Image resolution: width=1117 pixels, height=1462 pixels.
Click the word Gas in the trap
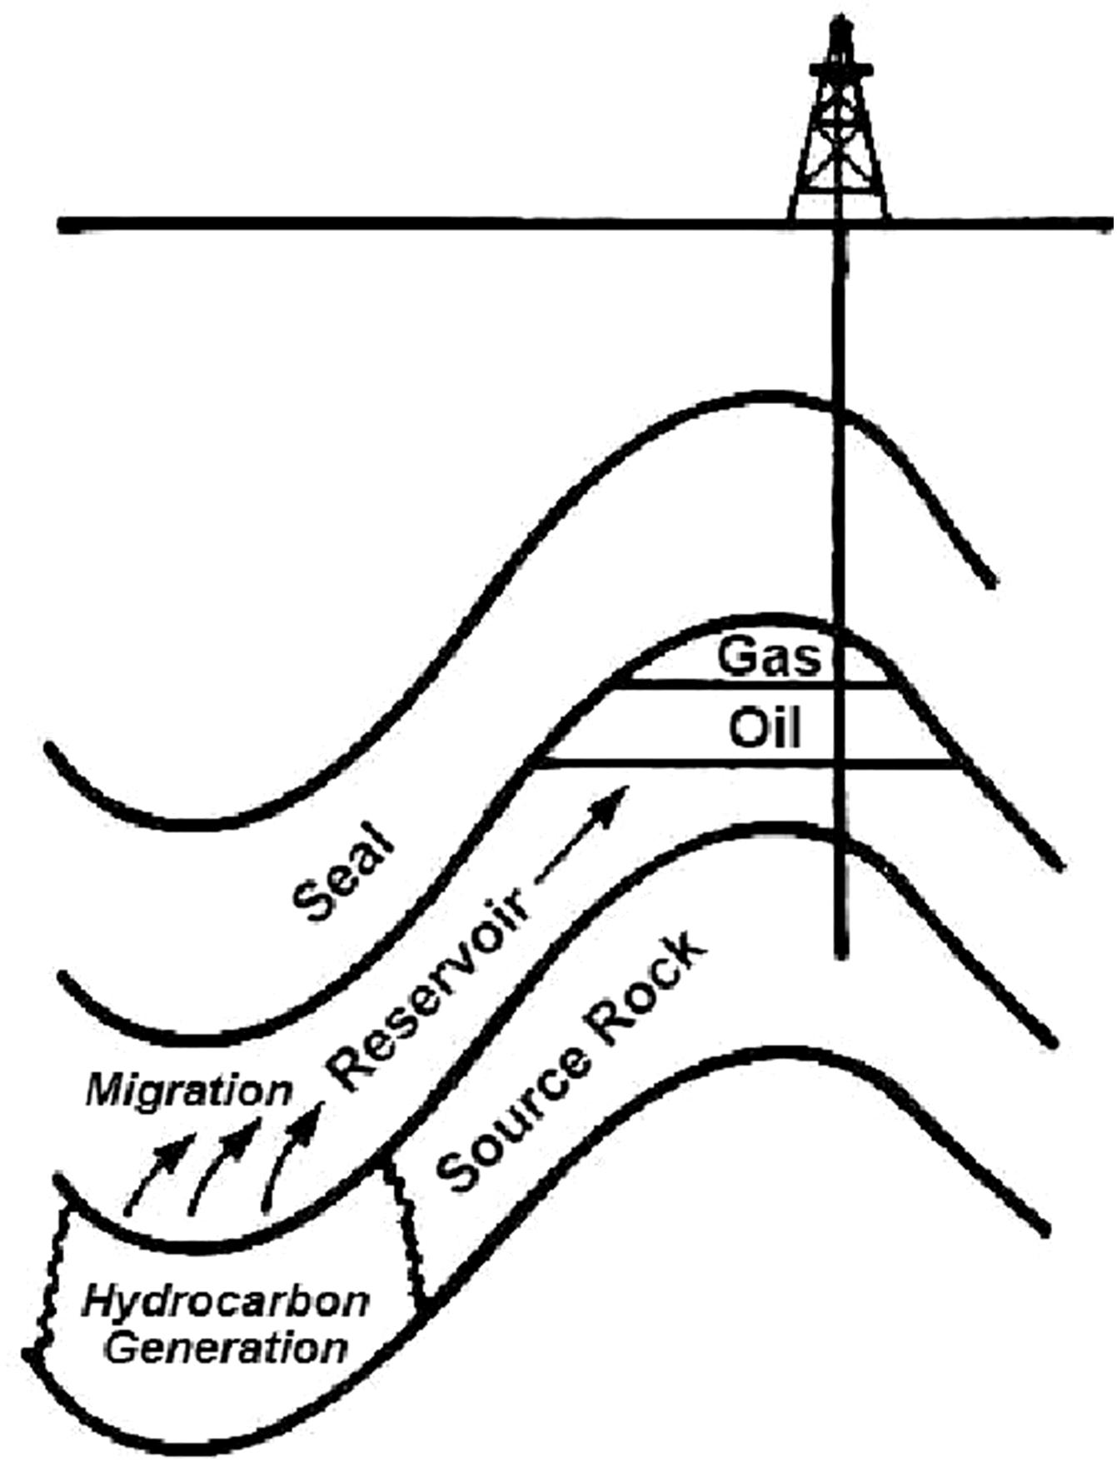coord(769,656)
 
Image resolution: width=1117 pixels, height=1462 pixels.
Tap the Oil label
coord(765,729)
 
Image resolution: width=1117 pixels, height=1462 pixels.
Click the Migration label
coord(190,1090)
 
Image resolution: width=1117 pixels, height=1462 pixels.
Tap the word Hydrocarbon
coord(225,1301)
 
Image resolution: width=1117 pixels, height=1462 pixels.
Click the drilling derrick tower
coord(839,133)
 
